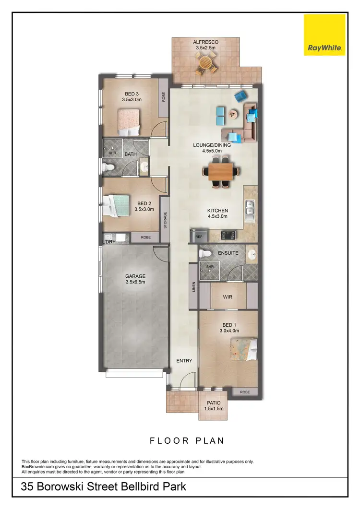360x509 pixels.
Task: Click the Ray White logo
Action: [324, 35]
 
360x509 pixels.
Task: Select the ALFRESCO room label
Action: [206, 42]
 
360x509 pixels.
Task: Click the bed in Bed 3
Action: [129, 122]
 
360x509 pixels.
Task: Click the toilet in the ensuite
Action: [206, 253]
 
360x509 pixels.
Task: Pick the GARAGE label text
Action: [135, 276]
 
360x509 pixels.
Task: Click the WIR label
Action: [228, 297]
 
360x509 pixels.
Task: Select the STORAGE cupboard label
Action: [165, 221]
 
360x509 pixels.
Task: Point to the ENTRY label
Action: [184, 361]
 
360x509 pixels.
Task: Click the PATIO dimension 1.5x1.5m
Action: [214, 408]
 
